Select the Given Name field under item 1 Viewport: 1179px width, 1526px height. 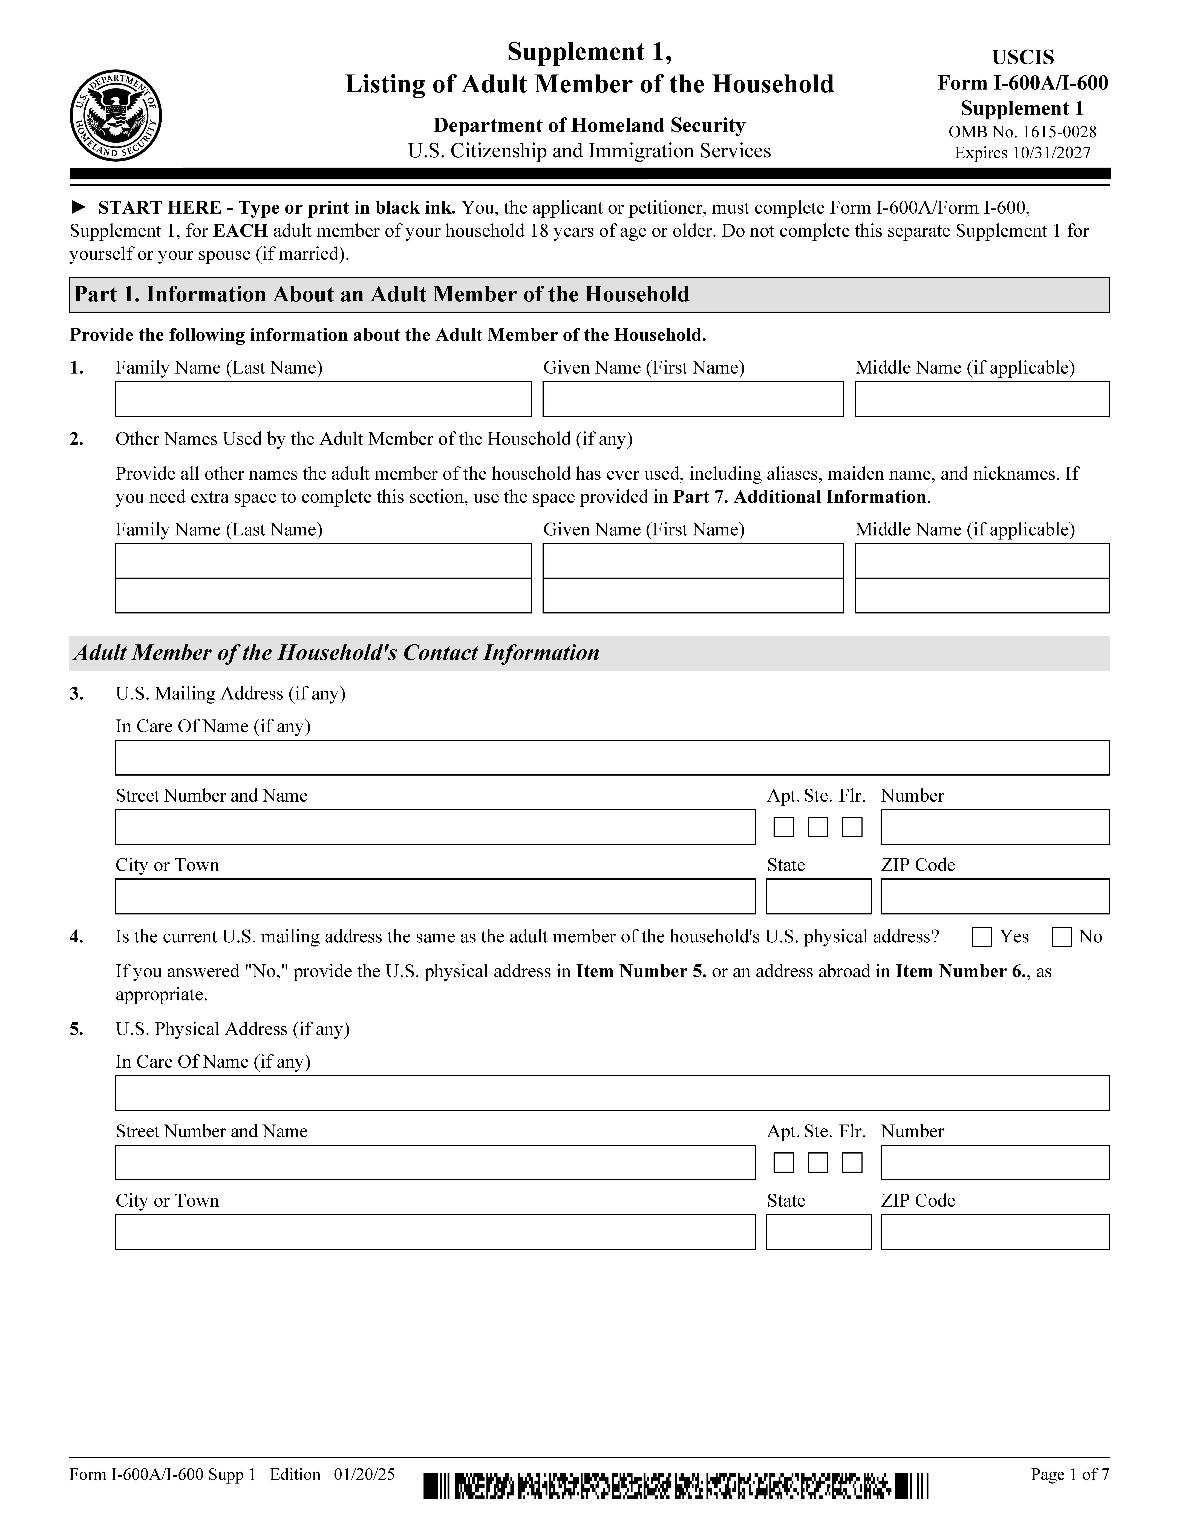pos(693,399)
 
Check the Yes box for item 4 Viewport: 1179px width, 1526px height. pos(981,937)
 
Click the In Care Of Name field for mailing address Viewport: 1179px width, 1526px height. pos(612,757)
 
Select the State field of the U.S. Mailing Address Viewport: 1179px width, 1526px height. pos(819,896)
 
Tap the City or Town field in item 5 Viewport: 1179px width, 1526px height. pos(435,1232)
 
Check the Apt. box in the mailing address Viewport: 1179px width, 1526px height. pos(784,827)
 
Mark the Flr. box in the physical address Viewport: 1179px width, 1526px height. pos(852,1163)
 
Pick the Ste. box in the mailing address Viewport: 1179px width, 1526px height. pos(818,827)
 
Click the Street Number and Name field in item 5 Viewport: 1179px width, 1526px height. pos(435,1163)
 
